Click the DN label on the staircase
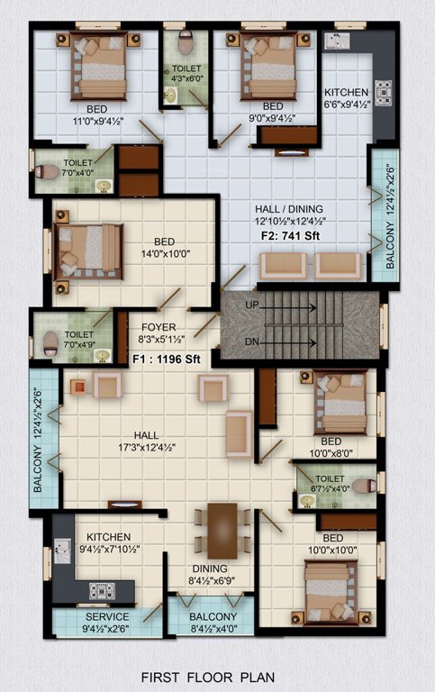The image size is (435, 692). coord(254,342)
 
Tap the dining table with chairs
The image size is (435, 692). coord(222,530)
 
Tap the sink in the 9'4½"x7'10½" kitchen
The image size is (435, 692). coord(64,549)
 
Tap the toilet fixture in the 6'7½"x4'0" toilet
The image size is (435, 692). coord(363,487)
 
